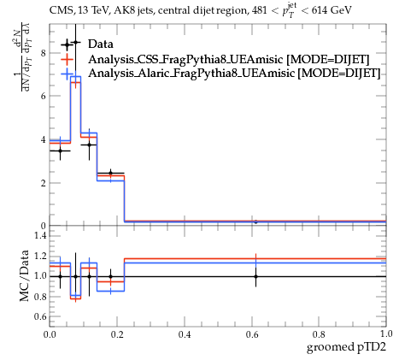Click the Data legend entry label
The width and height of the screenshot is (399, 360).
(x=101, y=44)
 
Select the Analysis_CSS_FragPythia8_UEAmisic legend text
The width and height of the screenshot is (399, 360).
(x=185, y=59)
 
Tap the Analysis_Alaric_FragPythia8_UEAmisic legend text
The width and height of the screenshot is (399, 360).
(x=191, y=73)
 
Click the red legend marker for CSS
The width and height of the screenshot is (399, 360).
(x=67, y=59)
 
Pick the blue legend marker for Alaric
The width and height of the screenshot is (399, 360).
(x=67, y=74)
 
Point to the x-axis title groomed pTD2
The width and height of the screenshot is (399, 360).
(x=346, y=347)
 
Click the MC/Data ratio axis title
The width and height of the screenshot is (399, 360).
(x=24, y=275)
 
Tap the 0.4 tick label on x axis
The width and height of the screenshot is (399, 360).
(x=185, y=334)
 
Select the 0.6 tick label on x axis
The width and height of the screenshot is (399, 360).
(x=252, y=334)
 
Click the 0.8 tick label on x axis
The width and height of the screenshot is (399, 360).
(x=319, y=334)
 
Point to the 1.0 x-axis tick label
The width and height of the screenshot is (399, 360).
(x=386, y=334)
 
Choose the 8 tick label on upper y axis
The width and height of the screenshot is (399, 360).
(x=44, y=53)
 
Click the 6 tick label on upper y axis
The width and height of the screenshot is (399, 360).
(x=44, y=96)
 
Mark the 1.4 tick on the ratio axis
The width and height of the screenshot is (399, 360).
(x=40, y=235)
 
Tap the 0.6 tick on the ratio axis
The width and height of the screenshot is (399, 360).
(x=40, y=316)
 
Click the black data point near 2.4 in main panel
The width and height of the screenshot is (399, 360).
(x=110, y=173)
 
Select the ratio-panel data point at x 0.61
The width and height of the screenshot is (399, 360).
(x=255, y=276)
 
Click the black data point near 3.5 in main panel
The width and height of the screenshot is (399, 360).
(x=60, y=150)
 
